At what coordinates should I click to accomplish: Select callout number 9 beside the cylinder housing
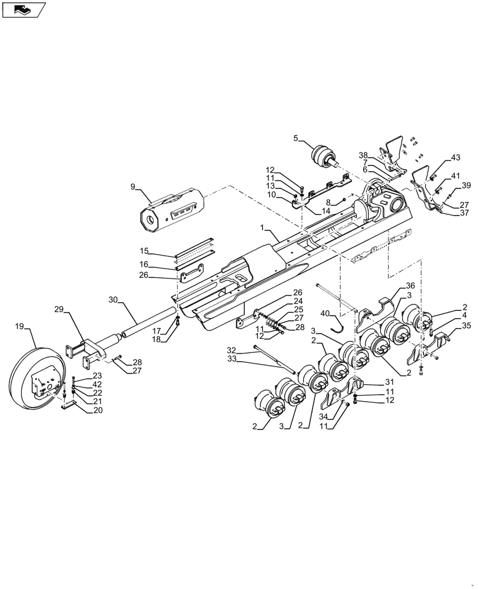pyautogui.click(x=133, y=187)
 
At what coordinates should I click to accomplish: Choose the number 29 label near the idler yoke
pyautogui.click(x=59, y=309)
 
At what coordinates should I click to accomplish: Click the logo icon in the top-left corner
pyautogui.click(x=23, y=9)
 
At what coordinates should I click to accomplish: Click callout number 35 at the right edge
pyautogui.click(x=466, y=325)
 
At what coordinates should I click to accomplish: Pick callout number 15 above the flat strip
pyautogui.click(x=144, y=250)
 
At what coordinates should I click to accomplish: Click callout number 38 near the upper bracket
pyautogui.click(x=363, y=155)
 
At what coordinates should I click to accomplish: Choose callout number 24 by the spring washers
pyautogui.click(x=298, y=301)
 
